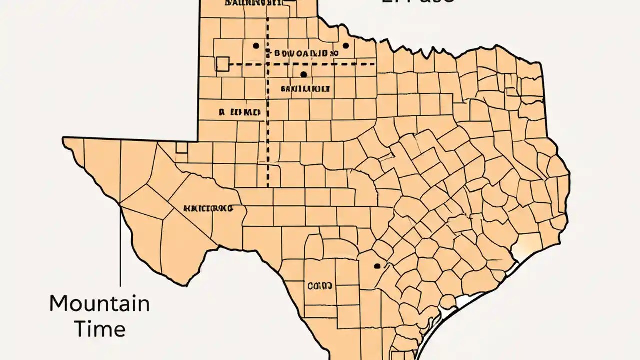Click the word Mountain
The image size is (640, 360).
point(99,303)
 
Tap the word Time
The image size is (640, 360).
point(99,329)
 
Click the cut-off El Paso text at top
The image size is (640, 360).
point(418,2)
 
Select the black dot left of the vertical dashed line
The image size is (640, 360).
point(256,46)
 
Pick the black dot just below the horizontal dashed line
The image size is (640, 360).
point(303,74)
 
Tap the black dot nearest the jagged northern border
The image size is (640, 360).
point(345,46)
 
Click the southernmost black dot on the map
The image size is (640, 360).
point(376,266)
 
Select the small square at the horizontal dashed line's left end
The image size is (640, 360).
point(222,64)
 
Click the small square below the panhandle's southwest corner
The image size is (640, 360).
point(181,147)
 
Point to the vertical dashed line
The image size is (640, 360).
point(268,125)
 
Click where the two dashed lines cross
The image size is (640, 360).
point(268,64)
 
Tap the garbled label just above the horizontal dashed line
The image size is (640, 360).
point(303,52)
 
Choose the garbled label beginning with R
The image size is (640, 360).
point(240,112)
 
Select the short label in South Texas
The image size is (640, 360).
point(320,286)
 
